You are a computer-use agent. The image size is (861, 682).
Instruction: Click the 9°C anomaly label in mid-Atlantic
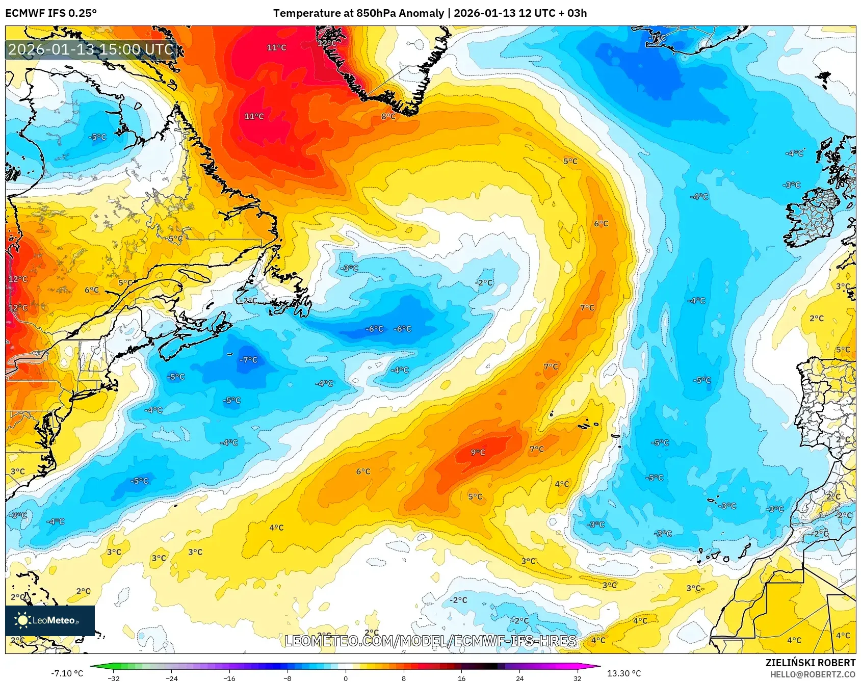478,452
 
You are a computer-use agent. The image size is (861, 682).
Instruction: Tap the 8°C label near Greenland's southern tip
388,116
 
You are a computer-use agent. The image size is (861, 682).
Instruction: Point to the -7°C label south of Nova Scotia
248,360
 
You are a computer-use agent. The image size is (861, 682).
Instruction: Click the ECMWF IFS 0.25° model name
51,13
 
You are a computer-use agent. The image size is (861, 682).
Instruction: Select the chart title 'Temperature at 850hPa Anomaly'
358,13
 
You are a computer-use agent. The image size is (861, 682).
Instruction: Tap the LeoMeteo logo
49,620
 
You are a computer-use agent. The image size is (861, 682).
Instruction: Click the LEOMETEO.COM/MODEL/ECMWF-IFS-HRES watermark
430,641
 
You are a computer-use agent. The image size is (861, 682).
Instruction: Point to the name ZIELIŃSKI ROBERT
810,663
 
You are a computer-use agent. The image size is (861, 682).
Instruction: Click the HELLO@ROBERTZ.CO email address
812,674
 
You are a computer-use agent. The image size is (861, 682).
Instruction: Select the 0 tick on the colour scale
346,678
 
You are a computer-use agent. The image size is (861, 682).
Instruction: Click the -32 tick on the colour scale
114,678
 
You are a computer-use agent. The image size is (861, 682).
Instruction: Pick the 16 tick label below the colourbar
461,678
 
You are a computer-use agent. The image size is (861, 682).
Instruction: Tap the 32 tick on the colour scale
577,678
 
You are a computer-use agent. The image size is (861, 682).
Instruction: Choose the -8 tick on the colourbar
288,678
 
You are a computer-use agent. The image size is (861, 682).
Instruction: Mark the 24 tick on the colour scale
519,678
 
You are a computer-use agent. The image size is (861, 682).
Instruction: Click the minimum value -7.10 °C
67,673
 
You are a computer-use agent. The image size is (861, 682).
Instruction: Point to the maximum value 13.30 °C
624,673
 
